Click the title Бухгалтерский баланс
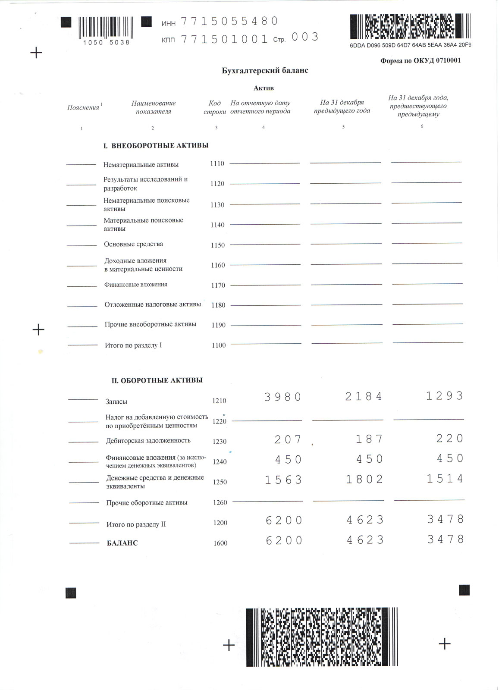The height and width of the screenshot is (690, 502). [265, 70]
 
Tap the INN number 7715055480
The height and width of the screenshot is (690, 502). [229, 21]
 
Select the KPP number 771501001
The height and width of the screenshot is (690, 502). [225, 39]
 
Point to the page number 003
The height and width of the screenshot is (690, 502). [305, 37]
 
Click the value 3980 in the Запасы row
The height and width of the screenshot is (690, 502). [283, 397]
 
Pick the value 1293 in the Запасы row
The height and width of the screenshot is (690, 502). [445, 396]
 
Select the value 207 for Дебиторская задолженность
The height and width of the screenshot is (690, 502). [288, 439]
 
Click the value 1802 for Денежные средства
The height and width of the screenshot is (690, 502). [364, 479]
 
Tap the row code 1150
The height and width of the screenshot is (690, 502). [218, 245]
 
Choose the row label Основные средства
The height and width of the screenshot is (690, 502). [133, 244]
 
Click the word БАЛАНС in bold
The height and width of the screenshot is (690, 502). [122, 543]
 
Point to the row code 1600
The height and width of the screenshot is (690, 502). [220, 543]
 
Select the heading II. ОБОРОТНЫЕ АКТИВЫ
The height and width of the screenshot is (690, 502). [157, 380]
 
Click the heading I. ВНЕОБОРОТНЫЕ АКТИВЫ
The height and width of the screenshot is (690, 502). [156, 146]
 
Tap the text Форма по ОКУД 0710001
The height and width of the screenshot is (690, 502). [420, 60]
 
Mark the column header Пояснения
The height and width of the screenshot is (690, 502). [83, 107]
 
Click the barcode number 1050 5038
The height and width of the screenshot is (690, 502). [106, 42]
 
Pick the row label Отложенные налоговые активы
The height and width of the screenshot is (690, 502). [153, 304]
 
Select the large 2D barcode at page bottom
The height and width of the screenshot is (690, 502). [322, 637]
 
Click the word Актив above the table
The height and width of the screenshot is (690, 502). [264, 88]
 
